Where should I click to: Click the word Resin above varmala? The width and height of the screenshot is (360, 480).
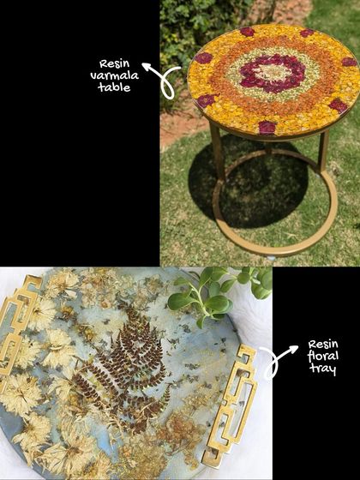[x=115, y=64]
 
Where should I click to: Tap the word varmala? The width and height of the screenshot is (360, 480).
[x=115, y=75]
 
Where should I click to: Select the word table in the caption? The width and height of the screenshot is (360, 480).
[x=114, y=87]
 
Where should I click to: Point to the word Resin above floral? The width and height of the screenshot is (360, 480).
[x=323, y=344]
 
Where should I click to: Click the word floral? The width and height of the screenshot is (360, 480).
[x=323, y=356]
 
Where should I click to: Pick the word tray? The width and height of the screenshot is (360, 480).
[x=322, y=369]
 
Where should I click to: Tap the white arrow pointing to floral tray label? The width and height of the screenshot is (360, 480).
[x=278, y=361]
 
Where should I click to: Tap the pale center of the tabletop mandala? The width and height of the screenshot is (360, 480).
[x=273, y=73]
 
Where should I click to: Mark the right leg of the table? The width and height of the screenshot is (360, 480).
[x=323, y=152]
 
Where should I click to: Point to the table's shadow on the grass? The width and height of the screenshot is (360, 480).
[x=245, y=183]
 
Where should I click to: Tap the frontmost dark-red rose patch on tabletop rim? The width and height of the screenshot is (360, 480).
[x=267, y=128]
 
